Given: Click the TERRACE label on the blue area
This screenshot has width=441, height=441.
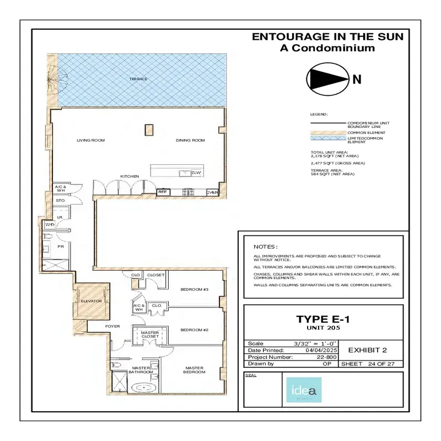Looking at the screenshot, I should coord(138,79).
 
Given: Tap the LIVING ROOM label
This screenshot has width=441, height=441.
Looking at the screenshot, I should coord(90,141).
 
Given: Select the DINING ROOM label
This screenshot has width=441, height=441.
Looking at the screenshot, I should coord(190,141).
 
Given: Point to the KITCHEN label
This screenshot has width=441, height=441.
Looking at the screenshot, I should coord(130,176).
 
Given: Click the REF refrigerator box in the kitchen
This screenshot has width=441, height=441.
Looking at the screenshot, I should coord(163,192).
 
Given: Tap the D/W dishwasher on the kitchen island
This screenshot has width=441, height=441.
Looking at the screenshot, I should coord(196,173).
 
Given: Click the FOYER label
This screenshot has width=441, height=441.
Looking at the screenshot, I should coord(112,326).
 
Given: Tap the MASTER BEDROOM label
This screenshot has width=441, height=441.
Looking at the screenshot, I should coord(195,370).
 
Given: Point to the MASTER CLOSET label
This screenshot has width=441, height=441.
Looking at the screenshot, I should coord(149,335).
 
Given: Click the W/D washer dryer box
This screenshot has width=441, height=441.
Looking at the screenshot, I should coord(50,225).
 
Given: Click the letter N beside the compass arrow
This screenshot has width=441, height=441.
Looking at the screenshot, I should coord(357,79).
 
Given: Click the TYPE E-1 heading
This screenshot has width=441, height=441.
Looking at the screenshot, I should coord(323,319).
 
